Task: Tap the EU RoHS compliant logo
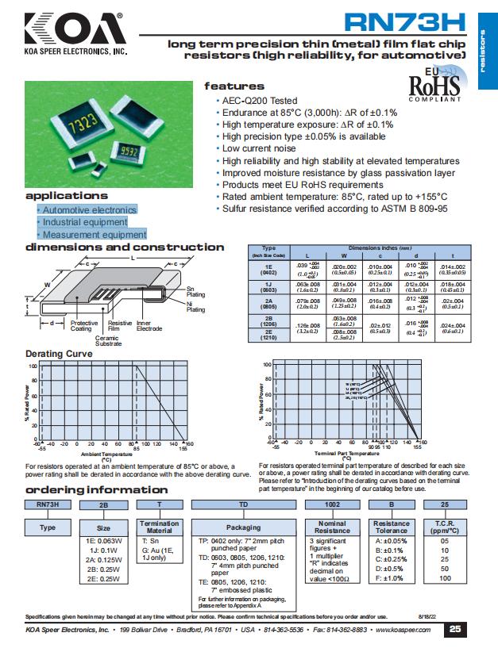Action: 434,85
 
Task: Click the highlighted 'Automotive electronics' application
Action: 89,210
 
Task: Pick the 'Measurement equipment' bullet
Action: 94,235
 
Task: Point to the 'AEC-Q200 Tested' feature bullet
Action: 259,102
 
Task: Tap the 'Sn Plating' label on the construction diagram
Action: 195,291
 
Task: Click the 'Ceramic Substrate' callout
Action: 109,340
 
